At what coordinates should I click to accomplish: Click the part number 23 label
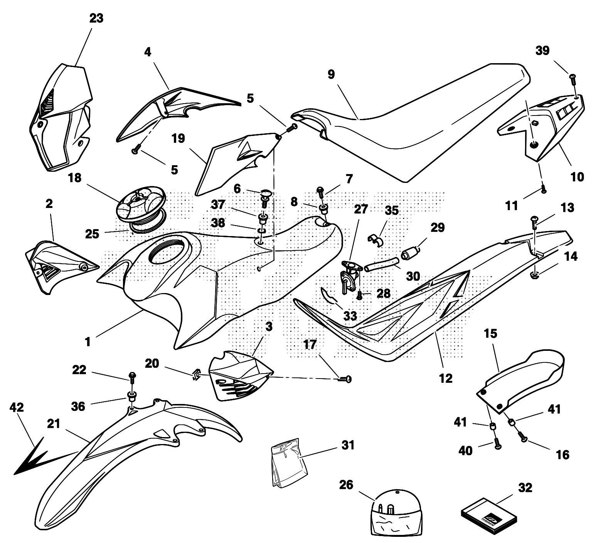coord(96,18)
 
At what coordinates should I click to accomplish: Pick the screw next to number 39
coord(572,79)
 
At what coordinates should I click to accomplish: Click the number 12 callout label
coord(445,378)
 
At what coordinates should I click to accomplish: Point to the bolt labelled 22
coord(132,376)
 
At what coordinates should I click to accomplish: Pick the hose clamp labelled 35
coord(375,240)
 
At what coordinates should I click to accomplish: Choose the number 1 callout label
coord(88,341)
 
